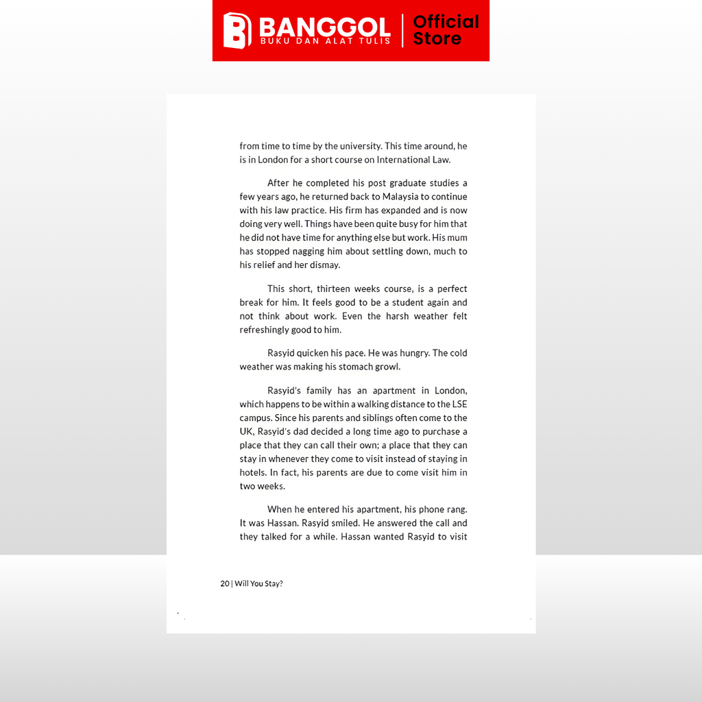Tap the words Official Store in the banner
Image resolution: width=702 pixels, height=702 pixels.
(446, 30)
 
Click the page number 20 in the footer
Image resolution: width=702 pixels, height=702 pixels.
(225, 583)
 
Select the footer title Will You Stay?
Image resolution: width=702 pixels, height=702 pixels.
(258, 583)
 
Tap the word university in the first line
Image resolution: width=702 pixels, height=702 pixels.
(360, 146)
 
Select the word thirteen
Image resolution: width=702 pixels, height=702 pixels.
(333, 289)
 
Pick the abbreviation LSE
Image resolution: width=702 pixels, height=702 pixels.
(458, 404)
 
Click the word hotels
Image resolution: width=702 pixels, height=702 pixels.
(252, 473)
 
